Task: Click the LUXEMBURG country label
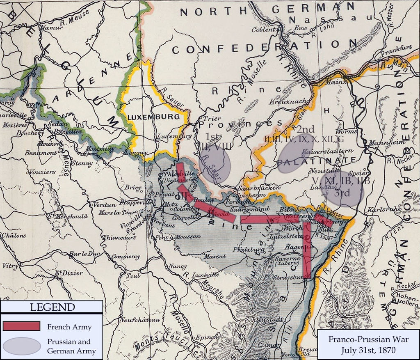(x=153, y=117)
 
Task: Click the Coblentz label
(x=265, y=29)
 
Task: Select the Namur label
(x=50, y=28)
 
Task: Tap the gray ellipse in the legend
(x=21, y=346)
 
